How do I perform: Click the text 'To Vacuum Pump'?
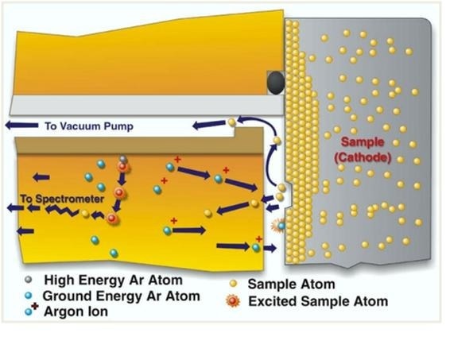89,126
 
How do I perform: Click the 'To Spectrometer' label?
62,199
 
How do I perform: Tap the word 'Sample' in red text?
363,142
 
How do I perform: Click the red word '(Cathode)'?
363,157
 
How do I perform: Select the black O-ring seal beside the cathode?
276,83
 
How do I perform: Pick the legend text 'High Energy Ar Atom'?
114,280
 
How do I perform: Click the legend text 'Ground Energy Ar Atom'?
121,296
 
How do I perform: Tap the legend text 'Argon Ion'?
76,312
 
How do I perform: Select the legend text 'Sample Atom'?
291,285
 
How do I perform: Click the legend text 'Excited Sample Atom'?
318,301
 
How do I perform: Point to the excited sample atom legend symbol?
233,301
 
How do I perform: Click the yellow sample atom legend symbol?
233,284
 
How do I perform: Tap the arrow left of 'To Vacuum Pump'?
21,126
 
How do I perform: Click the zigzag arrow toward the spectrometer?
62,211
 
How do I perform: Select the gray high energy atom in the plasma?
122,159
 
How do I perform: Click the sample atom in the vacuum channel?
231,122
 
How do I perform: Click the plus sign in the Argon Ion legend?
35,307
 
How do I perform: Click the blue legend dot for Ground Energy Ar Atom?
28,296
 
